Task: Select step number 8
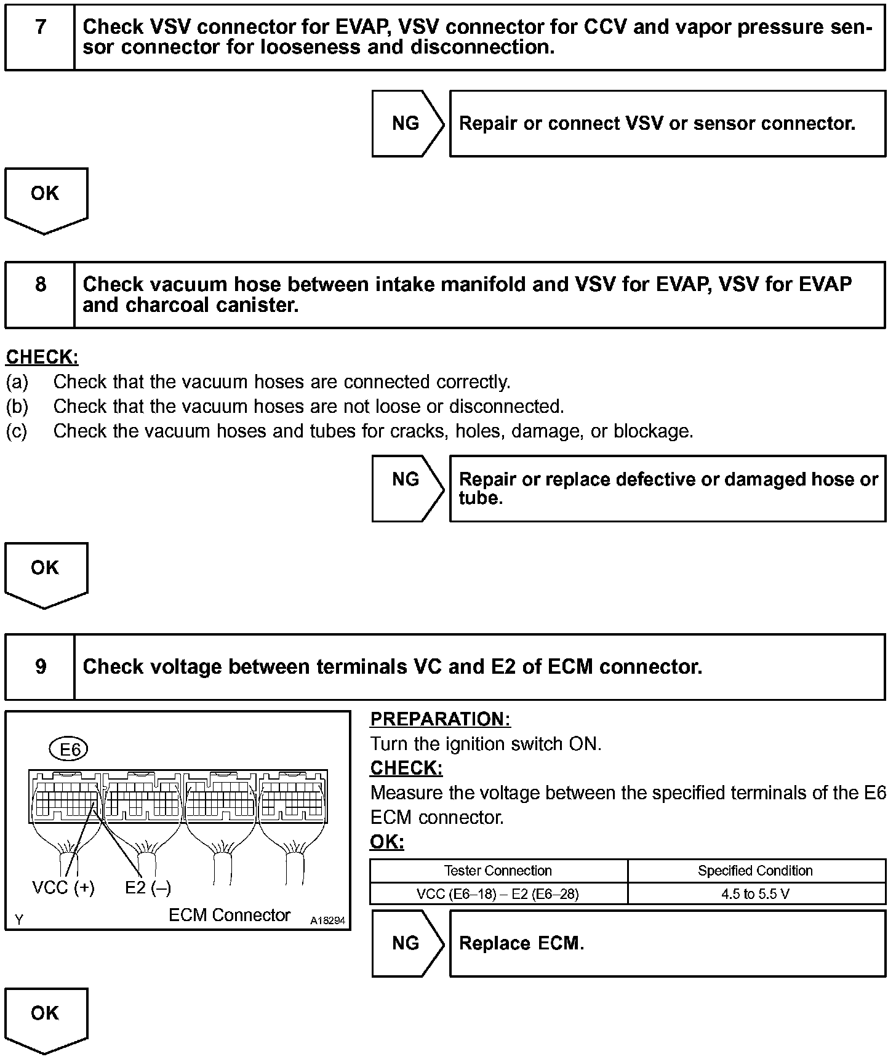click(41, 284)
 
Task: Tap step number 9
click(41, 666)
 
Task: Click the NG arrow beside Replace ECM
click(406, 943)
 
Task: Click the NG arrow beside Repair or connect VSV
click(406, 124)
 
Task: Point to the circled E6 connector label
click(69, 749)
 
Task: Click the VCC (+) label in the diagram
click(63, 888)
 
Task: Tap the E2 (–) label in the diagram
click(148, 888)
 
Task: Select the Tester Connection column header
click(498, 871)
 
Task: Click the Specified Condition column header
click(755, 871)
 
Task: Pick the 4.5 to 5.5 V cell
click(755, 893)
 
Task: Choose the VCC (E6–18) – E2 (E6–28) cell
click(498, 893)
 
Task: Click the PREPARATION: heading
click(440, 719)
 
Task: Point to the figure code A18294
click(327, 920)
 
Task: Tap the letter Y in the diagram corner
click(19, 920)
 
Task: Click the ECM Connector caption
click(229, 916)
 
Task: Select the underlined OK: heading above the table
click(387, 842)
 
